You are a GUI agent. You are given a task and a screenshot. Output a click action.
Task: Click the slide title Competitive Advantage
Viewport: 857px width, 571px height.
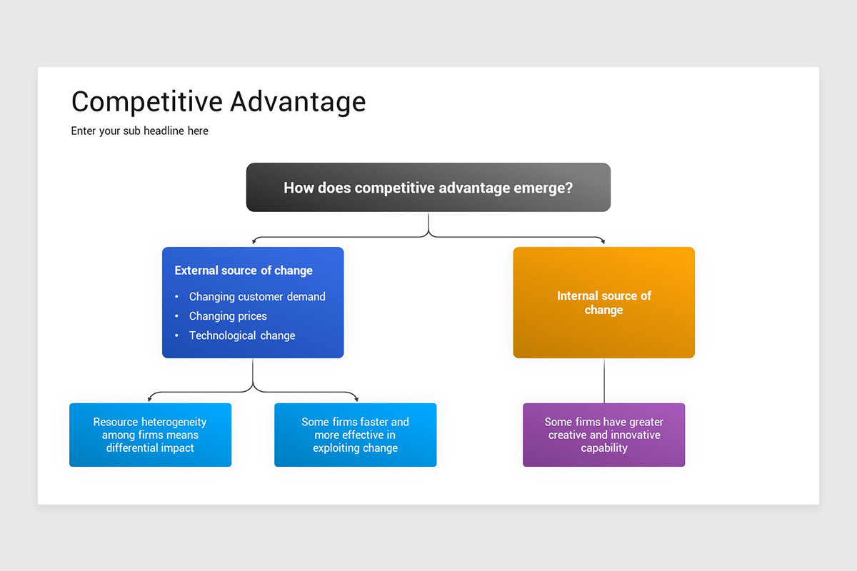(219, 102)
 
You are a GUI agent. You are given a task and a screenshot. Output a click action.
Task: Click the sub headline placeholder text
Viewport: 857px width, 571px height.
(140, 131)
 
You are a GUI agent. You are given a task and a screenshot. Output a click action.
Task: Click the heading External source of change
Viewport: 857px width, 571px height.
(244, 271)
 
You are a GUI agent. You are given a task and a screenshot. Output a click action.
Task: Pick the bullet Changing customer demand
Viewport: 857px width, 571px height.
(257, 297)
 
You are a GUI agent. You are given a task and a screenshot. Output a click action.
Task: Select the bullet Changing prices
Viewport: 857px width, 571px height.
(228, 316)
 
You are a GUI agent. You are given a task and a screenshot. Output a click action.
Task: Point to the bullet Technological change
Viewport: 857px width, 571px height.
(242, 335)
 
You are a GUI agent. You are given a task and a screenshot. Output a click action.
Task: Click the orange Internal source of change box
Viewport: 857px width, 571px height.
(603, 303)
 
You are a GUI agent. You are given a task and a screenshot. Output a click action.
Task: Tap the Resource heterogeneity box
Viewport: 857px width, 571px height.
(150, 435)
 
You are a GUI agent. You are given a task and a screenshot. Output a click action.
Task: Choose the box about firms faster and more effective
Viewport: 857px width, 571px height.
(355, 435)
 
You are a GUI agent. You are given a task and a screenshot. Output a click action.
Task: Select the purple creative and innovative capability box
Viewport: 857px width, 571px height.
(603, 435)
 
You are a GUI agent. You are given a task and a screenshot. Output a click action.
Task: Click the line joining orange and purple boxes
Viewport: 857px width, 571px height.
(604, 380)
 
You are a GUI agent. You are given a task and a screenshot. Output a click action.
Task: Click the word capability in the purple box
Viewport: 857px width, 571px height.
(603, 448)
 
